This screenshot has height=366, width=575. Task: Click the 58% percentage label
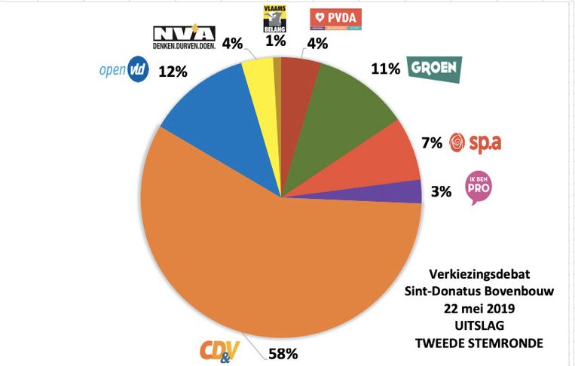280,352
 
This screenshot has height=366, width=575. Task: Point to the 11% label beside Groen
384,70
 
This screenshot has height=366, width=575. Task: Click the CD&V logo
218,350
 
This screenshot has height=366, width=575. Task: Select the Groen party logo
433,69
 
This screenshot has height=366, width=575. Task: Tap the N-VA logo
184,37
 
